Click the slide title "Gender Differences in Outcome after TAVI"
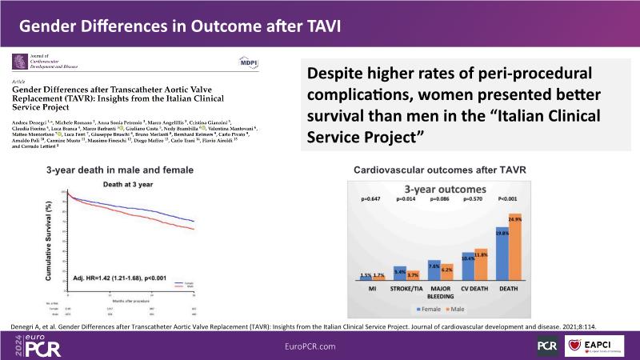tap(180, 26)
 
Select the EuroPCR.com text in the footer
tap(319, 345)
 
